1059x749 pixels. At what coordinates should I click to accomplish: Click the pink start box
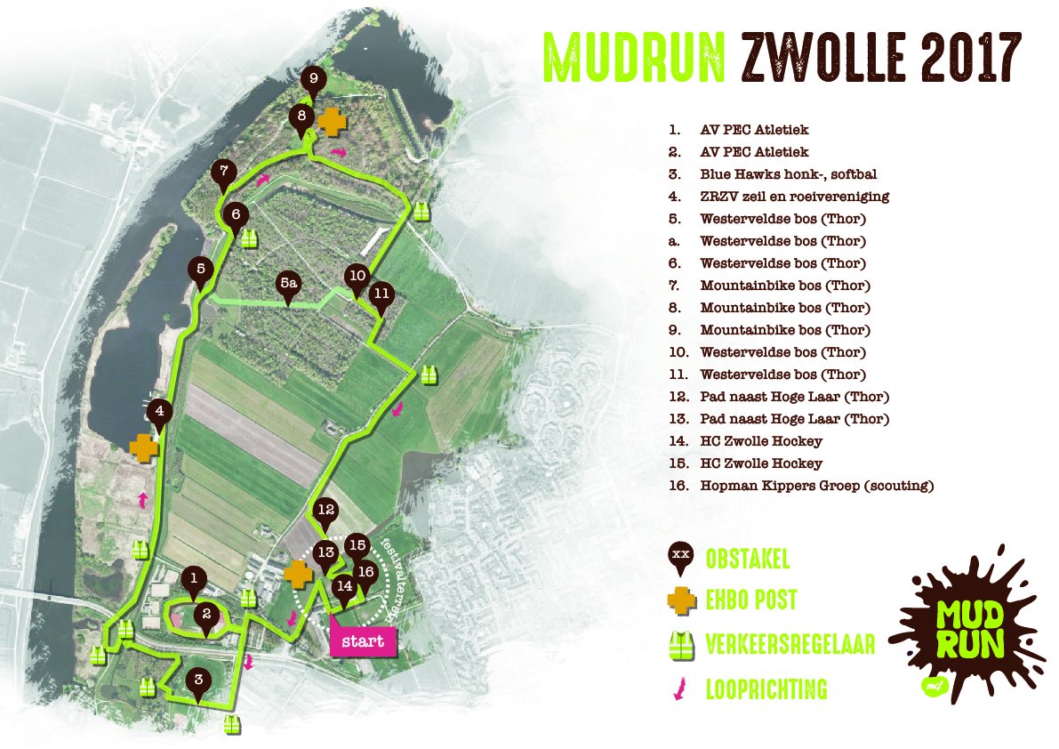tap(362, 641)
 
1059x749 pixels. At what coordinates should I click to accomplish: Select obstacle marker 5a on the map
tap(288, 285)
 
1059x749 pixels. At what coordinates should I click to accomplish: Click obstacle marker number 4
tap(159, 413)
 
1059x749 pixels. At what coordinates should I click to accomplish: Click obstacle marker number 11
tap(382, 294)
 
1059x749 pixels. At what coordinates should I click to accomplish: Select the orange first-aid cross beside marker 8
tap(331, 122)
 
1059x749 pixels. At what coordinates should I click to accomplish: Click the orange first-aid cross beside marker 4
tap(142, 447)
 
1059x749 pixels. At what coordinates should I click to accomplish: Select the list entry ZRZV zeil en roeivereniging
tap(794, 197)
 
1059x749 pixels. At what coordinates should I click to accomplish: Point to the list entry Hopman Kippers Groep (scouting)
tap(816, 486)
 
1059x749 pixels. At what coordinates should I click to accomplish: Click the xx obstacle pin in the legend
tap(681, 556)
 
